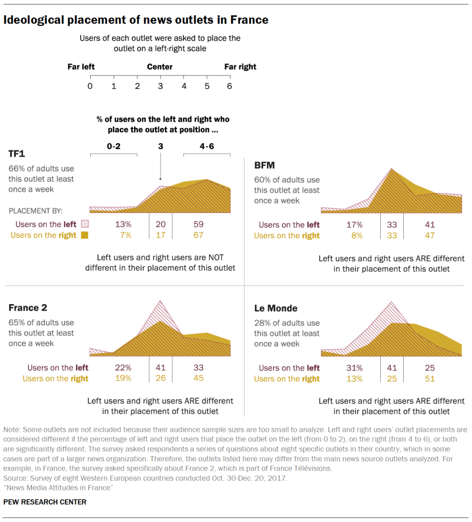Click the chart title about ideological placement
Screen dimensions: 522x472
pos(136,20)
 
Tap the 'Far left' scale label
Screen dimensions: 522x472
pos(81,67)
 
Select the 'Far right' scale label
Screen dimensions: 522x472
pos(240,67)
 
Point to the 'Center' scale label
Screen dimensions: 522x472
pos(160,67)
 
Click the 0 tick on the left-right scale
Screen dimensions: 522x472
pos(90,86)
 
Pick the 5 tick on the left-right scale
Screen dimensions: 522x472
pos(206,86)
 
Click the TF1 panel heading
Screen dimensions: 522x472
pos(17,154)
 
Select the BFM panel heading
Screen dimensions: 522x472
pos(265,165)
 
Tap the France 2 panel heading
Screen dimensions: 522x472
pos(28,308)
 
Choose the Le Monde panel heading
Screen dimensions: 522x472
pos(276,308)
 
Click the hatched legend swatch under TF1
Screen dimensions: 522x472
pos(85,224)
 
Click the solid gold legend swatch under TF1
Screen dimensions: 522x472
pos(85,235)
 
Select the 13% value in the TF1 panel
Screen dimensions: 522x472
pos(123,224)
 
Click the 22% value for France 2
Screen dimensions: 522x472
pos(123,367)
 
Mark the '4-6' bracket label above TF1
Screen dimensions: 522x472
pos(206,146)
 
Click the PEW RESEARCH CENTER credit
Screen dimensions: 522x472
pos(45,502)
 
